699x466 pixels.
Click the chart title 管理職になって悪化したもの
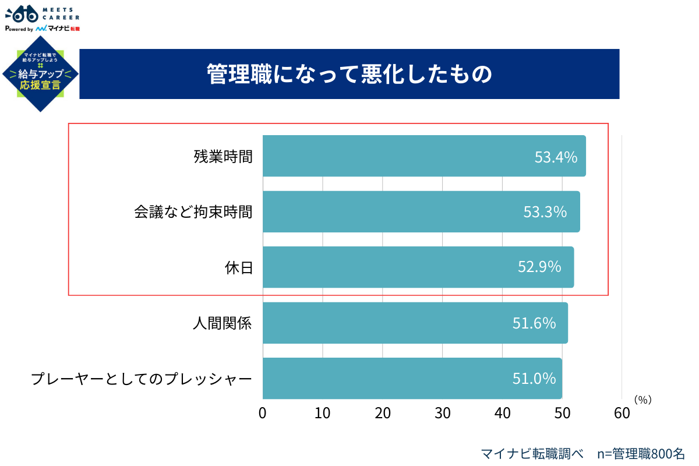[349, 75]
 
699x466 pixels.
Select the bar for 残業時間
[408, 156]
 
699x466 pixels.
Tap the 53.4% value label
[556, 157]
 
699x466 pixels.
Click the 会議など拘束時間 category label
[193, 212]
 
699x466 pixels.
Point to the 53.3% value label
[545, 212]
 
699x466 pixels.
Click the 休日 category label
[239, 267]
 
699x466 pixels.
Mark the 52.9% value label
[539, 267]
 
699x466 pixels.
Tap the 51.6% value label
[534, 323]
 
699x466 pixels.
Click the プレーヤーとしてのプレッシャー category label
[142, 379]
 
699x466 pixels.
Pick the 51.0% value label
[534, 379]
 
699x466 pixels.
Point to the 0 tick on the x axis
[263, 413]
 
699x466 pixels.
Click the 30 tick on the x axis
[442, 413]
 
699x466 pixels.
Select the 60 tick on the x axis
[622, 413]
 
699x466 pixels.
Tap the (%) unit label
[642, 400]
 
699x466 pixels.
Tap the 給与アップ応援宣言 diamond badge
[40, 74]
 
